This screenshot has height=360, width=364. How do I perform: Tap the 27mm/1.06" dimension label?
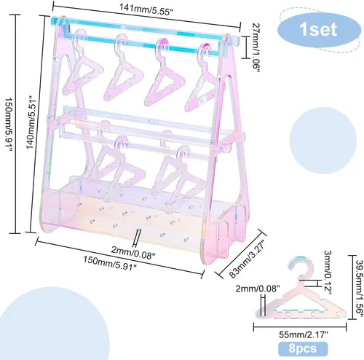click(x=256, y=49)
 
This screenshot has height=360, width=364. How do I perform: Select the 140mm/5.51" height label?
click(x=33, y=122)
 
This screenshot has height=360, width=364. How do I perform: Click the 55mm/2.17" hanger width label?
click(x=304, y=334)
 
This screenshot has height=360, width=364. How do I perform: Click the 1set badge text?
click(x=318, y=29)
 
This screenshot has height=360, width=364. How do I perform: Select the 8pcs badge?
click(x=303, y=348)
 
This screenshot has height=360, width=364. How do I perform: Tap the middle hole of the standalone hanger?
click(x=313, y=314)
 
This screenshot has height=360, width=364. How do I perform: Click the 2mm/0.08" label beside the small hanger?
click(x=258, y=289)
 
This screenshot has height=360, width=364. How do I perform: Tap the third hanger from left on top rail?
click(x=164, y=73)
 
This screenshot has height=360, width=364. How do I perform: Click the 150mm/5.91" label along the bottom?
click(x=110, y=263)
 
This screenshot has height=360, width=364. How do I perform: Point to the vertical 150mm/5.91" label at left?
click(x=8, y=125)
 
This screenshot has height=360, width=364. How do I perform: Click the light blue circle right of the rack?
click(x=323, y=141)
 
